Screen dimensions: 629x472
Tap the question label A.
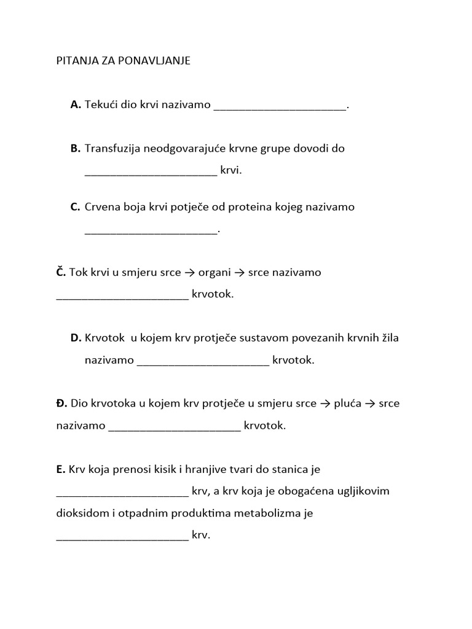(76, 105)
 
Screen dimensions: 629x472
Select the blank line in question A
(280, 109)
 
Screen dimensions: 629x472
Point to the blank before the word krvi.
(151, 174)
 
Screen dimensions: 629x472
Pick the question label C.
(76, 207)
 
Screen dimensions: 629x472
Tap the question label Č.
(61, 272)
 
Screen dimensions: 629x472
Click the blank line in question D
(203, 364)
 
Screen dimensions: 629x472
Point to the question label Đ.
(61, 404)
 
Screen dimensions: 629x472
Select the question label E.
(60, 469)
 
